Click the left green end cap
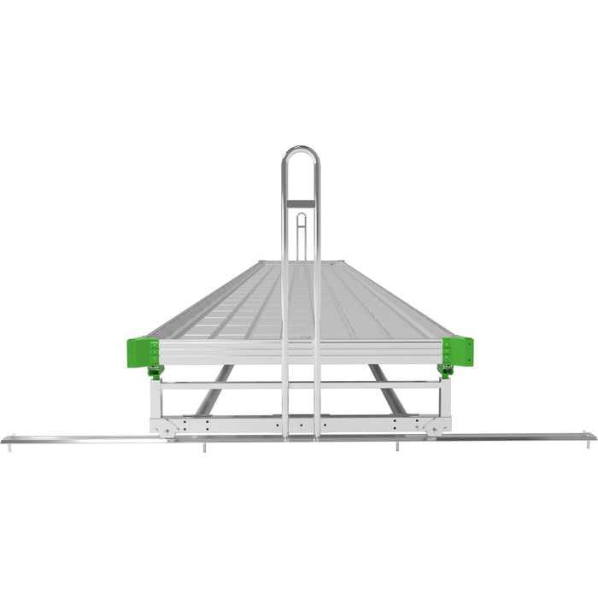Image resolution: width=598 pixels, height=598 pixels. pyautogui.click(x=143, y=351)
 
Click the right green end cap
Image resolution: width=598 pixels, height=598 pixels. pyautogui.click(x=458, y=350)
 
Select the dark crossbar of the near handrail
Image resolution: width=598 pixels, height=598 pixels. pyautogui.click(x=301, y=203)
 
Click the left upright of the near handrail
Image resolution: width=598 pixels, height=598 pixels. pyautogui.click(x=285, y=299)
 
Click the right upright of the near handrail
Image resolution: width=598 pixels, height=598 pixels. pyautogui.click(x=317, y=299)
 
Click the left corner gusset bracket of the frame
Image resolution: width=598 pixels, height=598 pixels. pyautogui.click(x=163, y=425)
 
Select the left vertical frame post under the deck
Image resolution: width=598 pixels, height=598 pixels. pyautogui.click(x=155, y=397)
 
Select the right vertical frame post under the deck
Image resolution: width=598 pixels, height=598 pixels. pyautogui.click(x=445, y=397)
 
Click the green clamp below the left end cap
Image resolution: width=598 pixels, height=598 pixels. pyautogui.click(x=155, y=371)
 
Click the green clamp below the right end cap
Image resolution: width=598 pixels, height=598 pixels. pyautogui.click(x=445, y=371)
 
